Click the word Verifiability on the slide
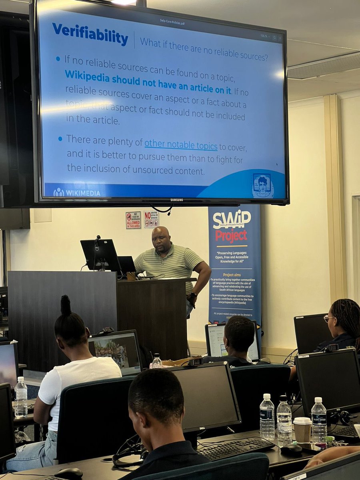click(x=90, y=34)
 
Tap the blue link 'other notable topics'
click(x=181, y=145)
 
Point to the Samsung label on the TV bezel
click(x=176, y=200)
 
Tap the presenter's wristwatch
click(x=193, y=296)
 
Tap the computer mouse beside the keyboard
click(x=291, y=450)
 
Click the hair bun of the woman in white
click(x=65, y=306)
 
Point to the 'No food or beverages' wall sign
click(x=133, y=220)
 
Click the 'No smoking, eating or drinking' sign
click(x=151, y=219)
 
